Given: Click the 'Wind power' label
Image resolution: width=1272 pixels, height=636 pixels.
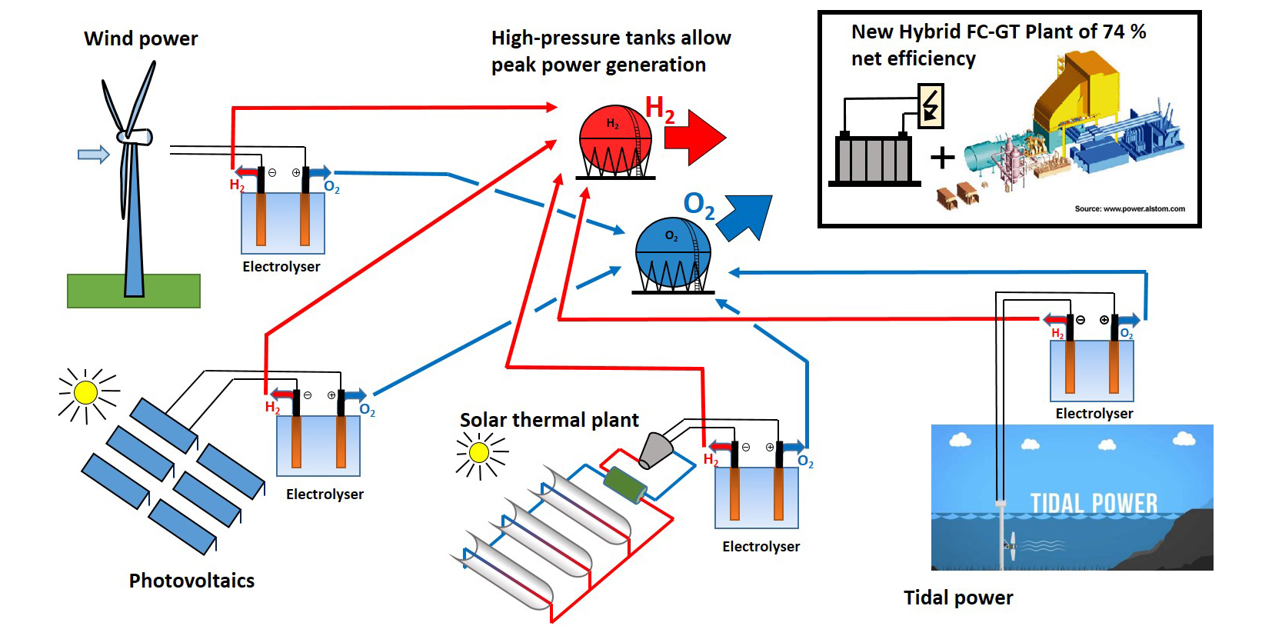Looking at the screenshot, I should coord(141,38).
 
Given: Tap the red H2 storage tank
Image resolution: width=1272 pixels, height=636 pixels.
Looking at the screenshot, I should coord(614,139).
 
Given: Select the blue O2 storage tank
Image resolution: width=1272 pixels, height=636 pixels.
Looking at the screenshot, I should coord(673,253).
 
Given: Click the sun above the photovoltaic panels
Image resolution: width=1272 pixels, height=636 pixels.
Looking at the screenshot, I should coord(85,393).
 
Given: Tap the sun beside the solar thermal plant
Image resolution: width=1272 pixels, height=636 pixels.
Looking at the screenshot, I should coord(479,453).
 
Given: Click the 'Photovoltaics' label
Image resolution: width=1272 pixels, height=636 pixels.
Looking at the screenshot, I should coord(191,581).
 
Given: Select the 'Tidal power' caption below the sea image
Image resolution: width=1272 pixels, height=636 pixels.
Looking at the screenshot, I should coord(958,598).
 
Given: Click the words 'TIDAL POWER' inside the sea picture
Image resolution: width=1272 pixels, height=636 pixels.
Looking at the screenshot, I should coord(1094,504).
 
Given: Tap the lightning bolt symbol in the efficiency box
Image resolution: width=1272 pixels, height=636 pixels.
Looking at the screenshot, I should coord(931,106).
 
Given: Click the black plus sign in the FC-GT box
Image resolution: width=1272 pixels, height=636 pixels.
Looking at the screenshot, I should coord(942,158).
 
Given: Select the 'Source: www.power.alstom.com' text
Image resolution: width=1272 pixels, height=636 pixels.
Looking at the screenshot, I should coord(1129,208).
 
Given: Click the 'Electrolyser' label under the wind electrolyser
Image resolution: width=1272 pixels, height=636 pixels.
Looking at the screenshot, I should coord(281,267).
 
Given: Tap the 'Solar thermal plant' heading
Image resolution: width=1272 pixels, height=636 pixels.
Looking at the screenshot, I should coord(549,420).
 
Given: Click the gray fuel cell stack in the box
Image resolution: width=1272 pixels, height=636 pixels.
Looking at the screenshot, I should coord(874,159).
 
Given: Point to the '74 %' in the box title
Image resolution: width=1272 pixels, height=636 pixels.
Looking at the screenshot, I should coord(1124,32).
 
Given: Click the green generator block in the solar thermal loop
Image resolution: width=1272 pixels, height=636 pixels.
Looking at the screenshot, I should coord(624,484).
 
